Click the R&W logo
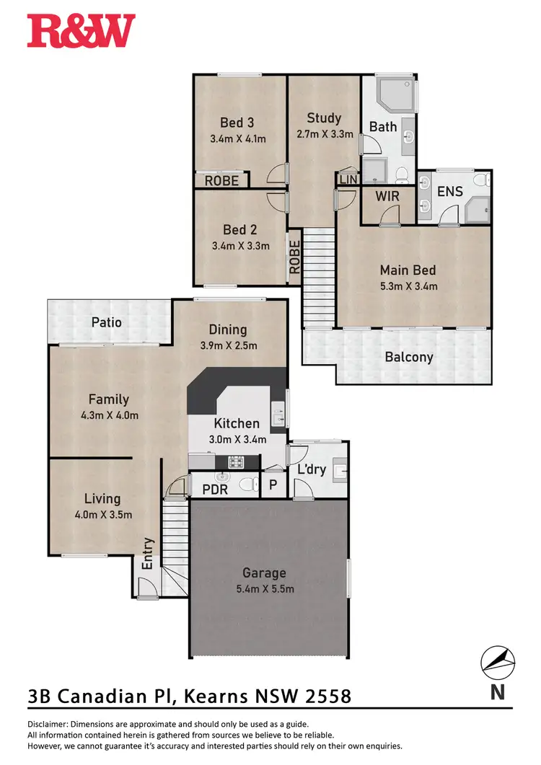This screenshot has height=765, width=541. tap(81, 31)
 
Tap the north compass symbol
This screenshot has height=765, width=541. tap(498, 662)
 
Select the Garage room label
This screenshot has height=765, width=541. tap(264, 573)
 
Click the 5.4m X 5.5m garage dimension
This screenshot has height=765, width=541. tap(264, 589)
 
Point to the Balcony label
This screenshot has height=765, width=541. tap(409, 357)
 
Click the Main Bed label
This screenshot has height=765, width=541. tap(408, 270)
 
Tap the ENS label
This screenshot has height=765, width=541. tap(450, 192)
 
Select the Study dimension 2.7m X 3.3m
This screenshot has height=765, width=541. tap(324, 134)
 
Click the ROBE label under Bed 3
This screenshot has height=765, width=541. tap(221, 181)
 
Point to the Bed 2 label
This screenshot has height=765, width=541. tap(240, 230)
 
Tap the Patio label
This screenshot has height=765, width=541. tap(106, 322)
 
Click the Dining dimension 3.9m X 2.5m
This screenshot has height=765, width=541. tap(228, 345)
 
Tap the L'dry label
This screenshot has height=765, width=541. tap(312, 470)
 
